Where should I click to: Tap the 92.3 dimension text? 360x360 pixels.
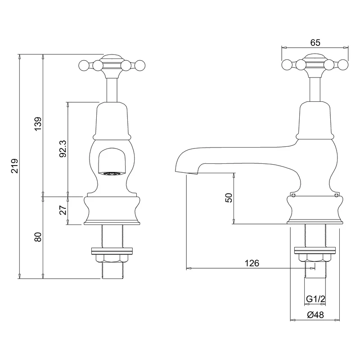63,148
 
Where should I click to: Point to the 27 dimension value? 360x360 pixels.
63,210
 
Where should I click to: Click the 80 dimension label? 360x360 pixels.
37,237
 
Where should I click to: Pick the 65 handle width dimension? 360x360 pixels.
315,42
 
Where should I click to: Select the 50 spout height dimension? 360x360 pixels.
229,198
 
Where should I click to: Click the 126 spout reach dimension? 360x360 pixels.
252,263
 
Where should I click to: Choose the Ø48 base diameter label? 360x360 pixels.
315,315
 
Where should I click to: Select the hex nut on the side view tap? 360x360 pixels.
314,258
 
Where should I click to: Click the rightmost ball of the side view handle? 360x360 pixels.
343,66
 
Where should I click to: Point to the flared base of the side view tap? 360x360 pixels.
314,209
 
